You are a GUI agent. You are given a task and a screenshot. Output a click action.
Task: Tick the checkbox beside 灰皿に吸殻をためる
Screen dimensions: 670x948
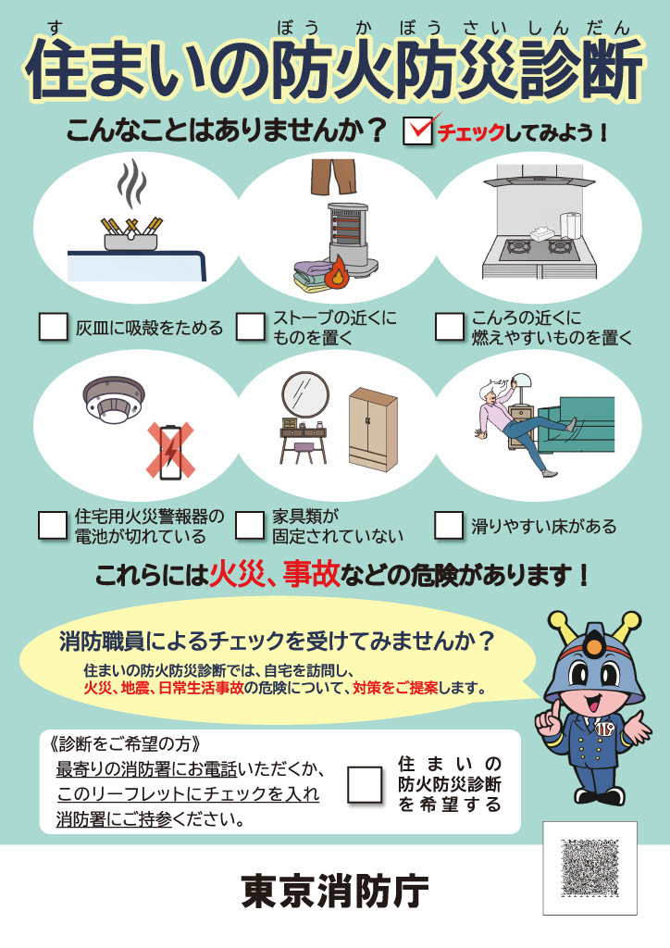point(53,327)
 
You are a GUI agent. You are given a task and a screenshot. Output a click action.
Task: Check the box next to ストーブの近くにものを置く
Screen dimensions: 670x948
point(251,327)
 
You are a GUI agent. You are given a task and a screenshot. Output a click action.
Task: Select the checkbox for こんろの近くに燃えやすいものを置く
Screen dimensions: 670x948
point(450,327)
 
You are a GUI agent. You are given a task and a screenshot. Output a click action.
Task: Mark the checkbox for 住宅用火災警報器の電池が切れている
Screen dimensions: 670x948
point(53,525)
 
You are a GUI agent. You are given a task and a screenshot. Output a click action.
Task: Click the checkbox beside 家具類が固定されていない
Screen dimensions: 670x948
point(250,525)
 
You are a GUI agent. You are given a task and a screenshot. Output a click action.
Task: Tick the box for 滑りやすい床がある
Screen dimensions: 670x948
point(449,525)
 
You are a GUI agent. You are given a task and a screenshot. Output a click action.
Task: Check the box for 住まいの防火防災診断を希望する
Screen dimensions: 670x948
point(365,784)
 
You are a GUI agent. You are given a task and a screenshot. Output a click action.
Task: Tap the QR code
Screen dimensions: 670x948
point(589,867)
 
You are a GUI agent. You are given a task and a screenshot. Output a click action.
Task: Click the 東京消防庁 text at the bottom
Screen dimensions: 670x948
point(335,891)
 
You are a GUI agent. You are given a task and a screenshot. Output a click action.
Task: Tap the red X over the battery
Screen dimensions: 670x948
point(170,450)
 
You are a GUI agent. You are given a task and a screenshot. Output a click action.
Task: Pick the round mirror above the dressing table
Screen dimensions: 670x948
point(305,394)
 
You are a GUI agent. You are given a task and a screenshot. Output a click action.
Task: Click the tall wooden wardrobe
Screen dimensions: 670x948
point(373,430)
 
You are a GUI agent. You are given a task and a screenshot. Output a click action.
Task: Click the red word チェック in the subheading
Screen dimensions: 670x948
point(471,133)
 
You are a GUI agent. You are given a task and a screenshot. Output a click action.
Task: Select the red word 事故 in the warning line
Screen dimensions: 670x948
point(312,574)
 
